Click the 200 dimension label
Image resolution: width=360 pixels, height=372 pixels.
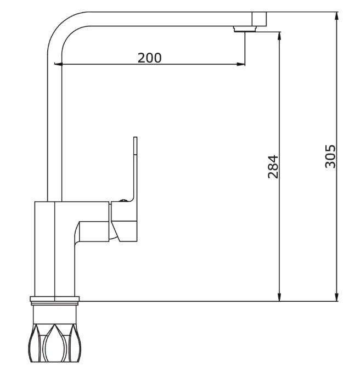(x=149, y=58)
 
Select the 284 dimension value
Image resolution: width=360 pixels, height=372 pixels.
(x=273, y=167)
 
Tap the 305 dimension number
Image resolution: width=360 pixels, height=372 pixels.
(x=330, y=156)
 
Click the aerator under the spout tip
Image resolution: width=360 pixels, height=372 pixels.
(x=245, y=29)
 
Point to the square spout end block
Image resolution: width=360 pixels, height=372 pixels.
(x=259, y=19)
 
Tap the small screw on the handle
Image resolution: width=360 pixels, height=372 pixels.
(x=123, y=200)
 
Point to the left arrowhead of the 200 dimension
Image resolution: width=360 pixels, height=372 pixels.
(x=58, y=64)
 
